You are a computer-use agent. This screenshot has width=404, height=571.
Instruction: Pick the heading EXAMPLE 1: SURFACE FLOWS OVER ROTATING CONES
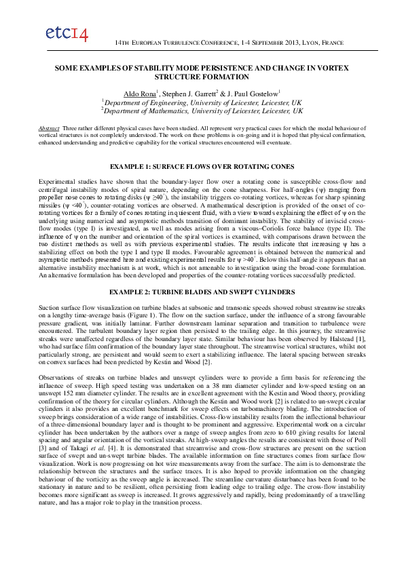tap(202, 166)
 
